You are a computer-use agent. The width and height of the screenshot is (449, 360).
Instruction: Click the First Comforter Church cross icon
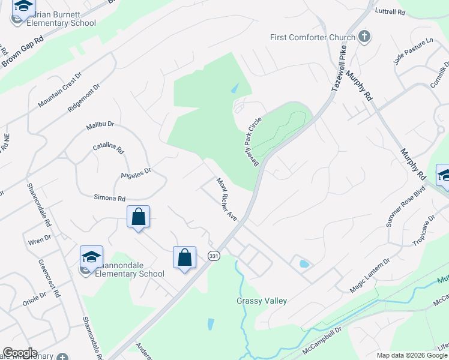[364, 37]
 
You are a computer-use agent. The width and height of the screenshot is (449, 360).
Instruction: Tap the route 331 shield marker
[213, 256]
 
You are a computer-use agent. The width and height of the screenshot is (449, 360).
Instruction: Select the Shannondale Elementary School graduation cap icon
[92, 258]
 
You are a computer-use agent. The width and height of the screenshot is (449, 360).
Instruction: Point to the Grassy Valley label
[262, 301]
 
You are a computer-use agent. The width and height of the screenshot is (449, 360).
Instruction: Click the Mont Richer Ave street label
[228, 199]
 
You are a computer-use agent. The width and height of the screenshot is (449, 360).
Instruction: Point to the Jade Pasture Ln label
[413, 51]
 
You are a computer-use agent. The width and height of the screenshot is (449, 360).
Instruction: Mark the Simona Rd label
[109, 197]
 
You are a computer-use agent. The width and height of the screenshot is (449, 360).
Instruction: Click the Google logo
[20, 353]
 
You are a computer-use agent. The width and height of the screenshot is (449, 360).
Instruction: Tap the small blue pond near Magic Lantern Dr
[304, 263]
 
